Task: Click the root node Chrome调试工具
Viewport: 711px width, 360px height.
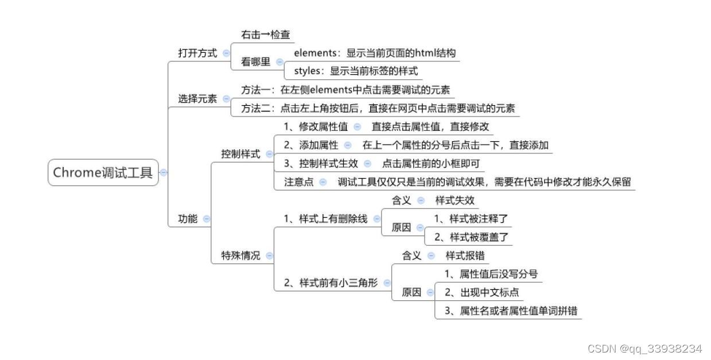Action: (x=103, y=173)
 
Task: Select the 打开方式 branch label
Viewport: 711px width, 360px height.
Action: (x=197, y=53)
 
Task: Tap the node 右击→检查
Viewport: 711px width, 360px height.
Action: (x=265, y=34)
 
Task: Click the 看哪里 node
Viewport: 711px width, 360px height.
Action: (x=255, y=62)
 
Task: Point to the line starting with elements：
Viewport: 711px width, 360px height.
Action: (x=375, y=53)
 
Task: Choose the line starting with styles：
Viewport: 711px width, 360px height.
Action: (x=356, y=71)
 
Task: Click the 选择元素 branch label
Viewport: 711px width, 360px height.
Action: (x=197, y=99)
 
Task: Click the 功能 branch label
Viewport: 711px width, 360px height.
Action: (x=188, y=219)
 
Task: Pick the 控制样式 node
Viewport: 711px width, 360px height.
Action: (x=240, y=154)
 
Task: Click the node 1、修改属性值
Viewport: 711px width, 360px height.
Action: (x=316, y=126)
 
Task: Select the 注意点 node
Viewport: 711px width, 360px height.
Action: (x=298, y=181)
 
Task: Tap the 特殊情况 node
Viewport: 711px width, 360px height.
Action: (x=240, y=256)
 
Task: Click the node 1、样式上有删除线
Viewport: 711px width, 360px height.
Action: (x=325, y=219)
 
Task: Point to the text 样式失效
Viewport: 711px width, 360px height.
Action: (x=455, y=200)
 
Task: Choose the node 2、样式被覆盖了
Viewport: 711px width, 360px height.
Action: (x=471, y=237)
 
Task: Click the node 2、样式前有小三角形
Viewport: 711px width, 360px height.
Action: (x=331, y=282)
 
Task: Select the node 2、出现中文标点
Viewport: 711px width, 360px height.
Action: (x=481, y=292)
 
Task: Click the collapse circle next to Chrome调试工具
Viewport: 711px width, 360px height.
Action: (x=164, y=173)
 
